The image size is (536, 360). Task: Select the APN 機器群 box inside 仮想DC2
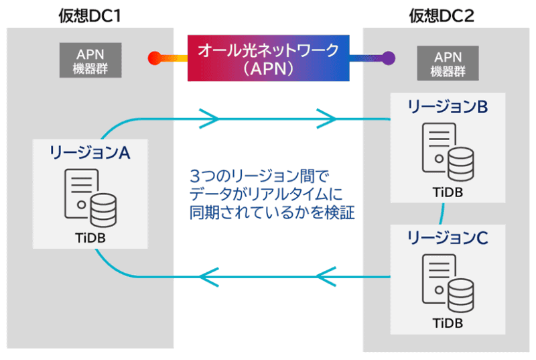[444, 63]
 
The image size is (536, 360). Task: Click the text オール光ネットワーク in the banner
[268, 50]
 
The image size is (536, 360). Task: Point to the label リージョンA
[89, 153]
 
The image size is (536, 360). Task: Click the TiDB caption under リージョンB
[447, 192]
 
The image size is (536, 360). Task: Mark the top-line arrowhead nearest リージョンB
[327, 119]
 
